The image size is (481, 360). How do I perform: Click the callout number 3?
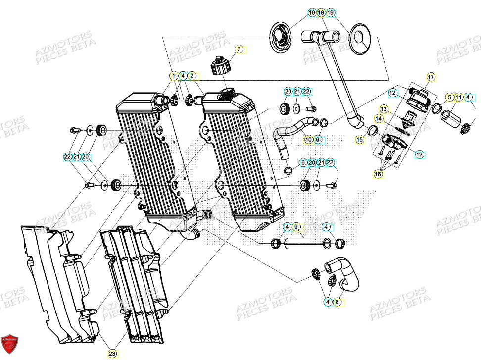[x=239, y=49]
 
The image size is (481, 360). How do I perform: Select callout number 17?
[x=431, y=77]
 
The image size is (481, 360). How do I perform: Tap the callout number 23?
[x=112, y=354]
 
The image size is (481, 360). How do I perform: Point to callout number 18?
[x=321, y=12]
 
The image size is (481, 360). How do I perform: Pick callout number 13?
[x=384, y=108]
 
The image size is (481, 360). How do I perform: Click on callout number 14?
[x=378, y=119]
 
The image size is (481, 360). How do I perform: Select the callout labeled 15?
[x=360, y=140]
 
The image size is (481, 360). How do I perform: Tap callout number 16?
[x=378, y=175]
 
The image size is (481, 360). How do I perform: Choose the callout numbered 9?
[x=296, y=227]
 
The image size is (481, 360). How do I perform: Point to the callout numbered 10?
[x=308, y=140]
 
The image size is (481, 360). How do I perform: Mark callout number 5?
[x=449, y=97]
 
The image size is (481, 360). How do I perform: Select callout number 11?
[x=459, y=97]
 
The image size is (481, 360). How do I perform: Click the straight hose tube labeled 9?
[x=306, y=243]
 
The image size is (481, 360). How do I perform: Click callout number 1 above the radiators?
[x=173, y=76]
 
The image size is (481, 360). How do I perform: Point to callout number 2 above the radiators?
[x=192, y=76]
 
